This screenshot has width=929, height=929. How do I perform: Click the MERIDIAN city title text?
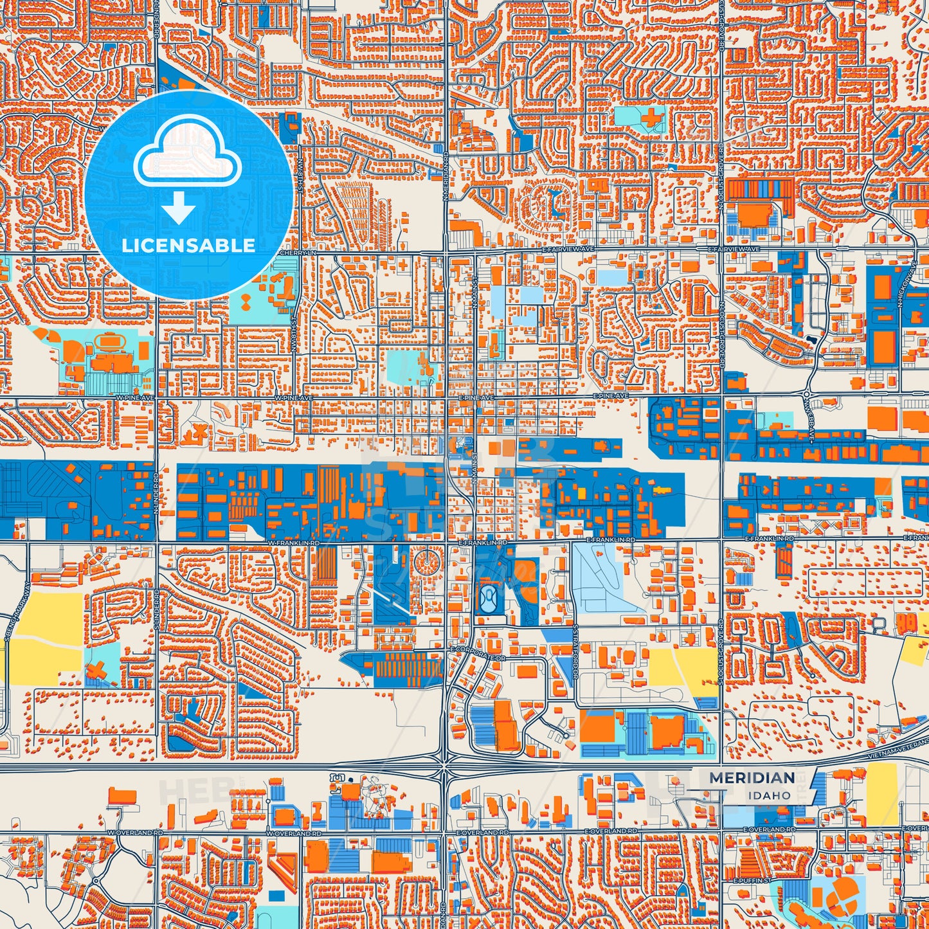pos(752,778)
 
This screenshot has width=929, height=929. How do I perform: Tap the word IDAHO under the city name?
pos(769,795)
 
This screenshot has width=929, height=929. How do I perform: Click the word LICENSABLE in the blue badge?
pos(188,245)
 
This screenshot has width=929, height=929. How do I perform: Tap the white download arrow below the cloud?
pos(179,208)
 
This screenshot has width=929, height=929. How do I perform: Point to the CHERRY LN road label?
pos(298,253)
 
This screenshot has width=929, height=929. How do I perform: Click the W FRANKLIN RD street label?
pos(293,543)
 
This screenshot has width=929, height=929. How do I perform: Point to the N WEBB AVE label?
pos(811,425)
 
